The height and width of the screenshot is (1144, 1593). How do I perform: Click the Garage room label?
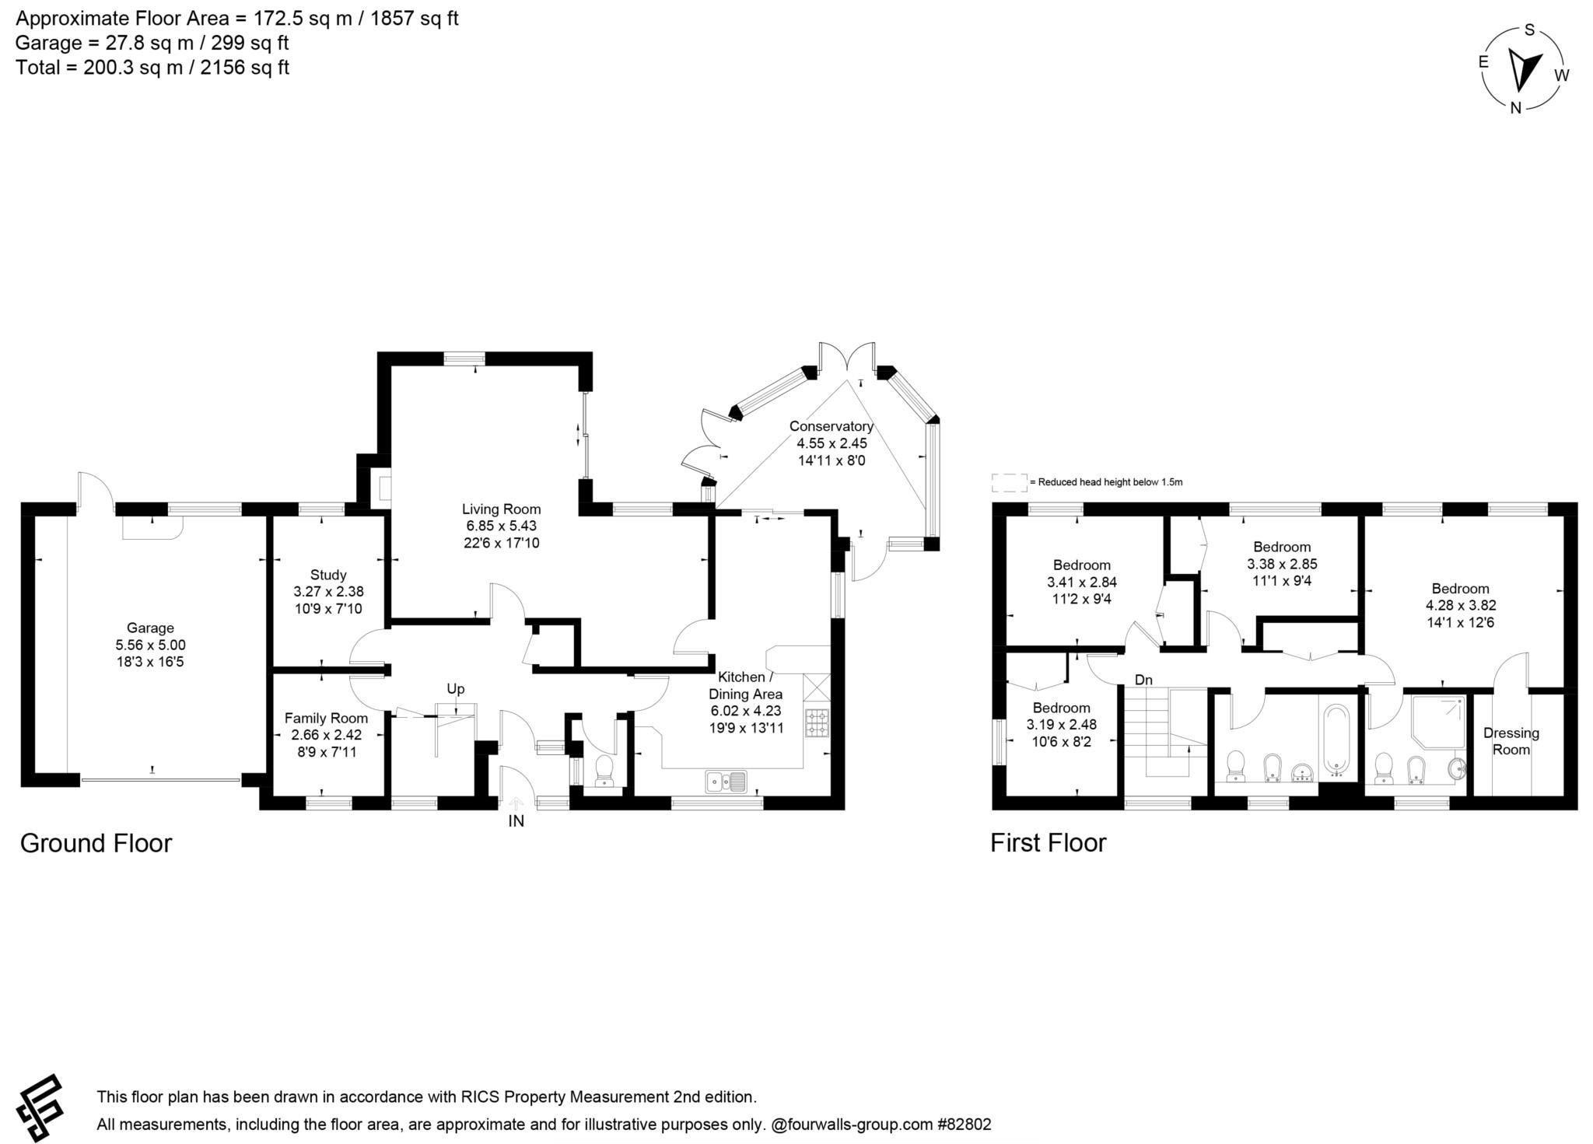coord(150,628)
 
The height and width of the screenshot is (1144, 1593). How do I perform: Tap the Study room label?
coord(328,575)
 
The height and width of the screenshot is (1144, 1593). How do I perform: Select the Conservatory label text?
coord(831,426)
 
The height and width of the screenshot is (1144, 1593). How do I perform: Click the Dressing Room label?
coord(1511,741)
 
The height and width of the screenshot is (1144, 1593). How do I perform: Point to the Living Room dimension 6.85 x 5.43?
coord(501,526)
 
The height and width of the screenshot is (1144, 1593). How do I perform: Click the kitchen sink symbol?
coord(726,781)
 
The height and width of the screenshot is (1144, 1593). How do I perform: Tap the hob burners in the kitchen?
coord(818,722)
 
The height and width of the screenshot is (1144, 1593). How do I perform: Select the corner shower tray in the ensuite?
coord(1439,721)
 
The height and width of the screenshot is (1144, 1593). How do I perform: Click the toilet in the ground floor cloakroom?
coord(604,771)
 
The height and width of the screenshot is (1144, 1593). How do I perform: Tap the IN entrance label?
coord(516,821)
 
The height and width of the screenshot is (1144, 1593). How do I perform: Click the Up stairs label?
coord(455,689)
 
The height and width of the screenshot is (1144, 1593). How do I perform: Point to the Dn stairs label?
coord(1143,680)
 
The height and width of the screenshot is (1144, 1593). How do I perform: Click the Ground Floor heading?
coord(96,844)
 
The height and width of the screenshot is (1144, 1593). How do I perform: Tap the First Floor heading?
coord(1048,844)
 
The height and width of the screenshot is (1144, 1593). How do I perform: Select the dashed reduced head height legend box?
coord(1009,482)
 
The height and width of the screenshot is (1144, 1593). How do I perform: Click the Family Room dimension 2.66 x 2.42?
coord(326,735)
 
